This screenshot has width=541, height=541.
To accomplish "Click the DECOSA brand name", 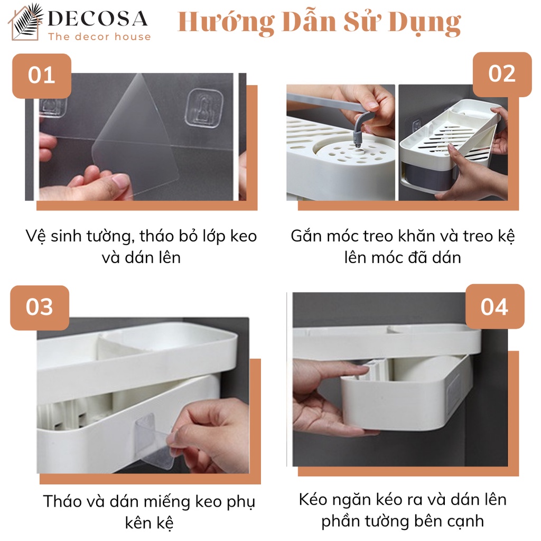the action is tap(98, 18).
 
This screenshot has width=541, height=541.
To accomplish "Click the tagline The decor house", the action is tap(99, 36).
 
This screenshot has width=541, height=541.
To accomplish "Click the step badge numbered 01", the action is tap(42, 76).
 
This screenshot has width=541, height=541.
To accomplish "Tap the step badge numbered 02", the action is tap(502, 74).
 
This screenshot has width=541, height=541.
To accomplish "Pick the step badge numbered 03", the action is tap(40, 307).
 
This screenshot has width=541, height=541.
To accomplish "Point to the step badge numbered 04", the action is tap(495, 306).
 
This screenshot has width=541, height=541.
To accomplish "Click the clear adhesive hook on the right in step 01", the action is tap(204, 108).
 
